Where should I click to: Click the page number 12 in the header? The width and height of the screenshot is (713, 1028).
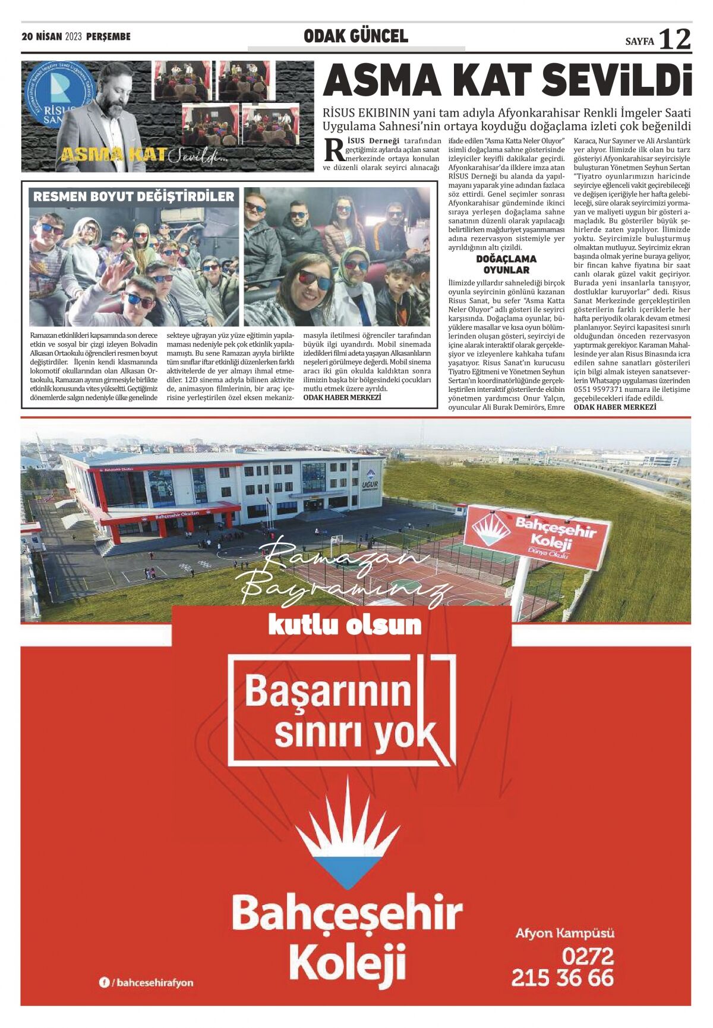[675, 39]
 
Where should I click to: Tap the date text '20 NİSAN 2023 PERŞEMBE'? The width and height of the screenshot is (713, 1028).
[76, 37]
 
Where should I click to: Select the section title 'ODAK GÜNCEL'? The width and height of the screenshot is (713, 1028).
[355, 36]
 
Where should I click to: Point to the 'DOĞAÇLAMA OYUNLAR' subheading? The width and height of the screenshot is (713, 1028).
[506, 264]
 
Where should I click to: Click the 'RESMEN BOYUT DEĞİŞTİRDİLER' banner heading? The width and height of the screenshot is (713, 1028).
[134, 197]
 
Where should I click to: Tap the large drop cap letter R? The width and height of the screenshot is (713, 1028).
[333, 150]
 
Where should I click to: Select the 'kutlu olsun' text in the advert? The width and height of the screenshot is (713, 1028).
[345, 625]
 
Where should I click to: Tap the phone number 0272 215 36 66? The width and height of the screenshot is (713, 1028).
[562, 966]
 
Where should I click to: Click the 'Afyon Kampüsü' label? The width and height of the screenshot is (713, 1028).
[564, 933]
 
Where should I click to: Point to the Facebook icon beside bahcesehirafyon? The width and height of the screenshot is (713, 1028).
[104, 983]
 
